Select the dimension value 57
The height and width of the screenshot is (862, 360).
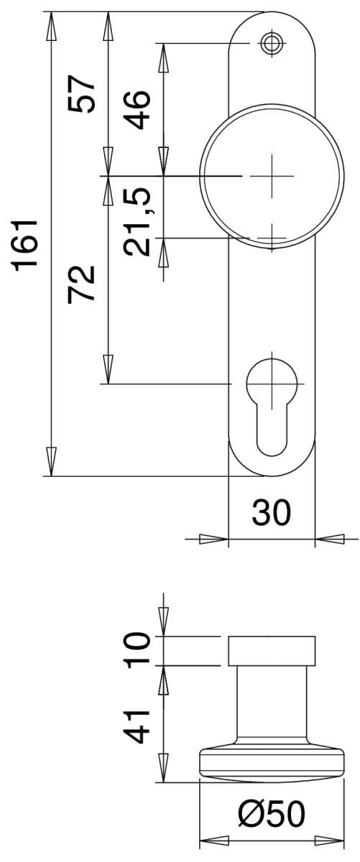pyautogui.click(x=81, y=93)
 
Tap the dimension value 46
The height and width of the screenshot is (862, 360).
pyautogui.click(x=138, y=109)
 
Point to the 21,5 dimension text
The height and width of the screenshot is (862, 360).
pyautogui.click(x=138, y=222)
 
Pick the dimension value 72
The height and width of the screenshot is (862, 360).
pyautogui.click(x=81, y=284)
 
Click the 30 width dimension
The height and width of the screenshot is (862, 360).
pyautogui.click(x=272, y=512)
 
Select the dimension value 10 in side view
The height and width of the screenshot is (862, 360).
pyautogui.click(x=137, y=650)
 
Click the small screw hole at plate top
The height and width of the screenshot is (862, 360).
pyautogui.click(x=272, y=43)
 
